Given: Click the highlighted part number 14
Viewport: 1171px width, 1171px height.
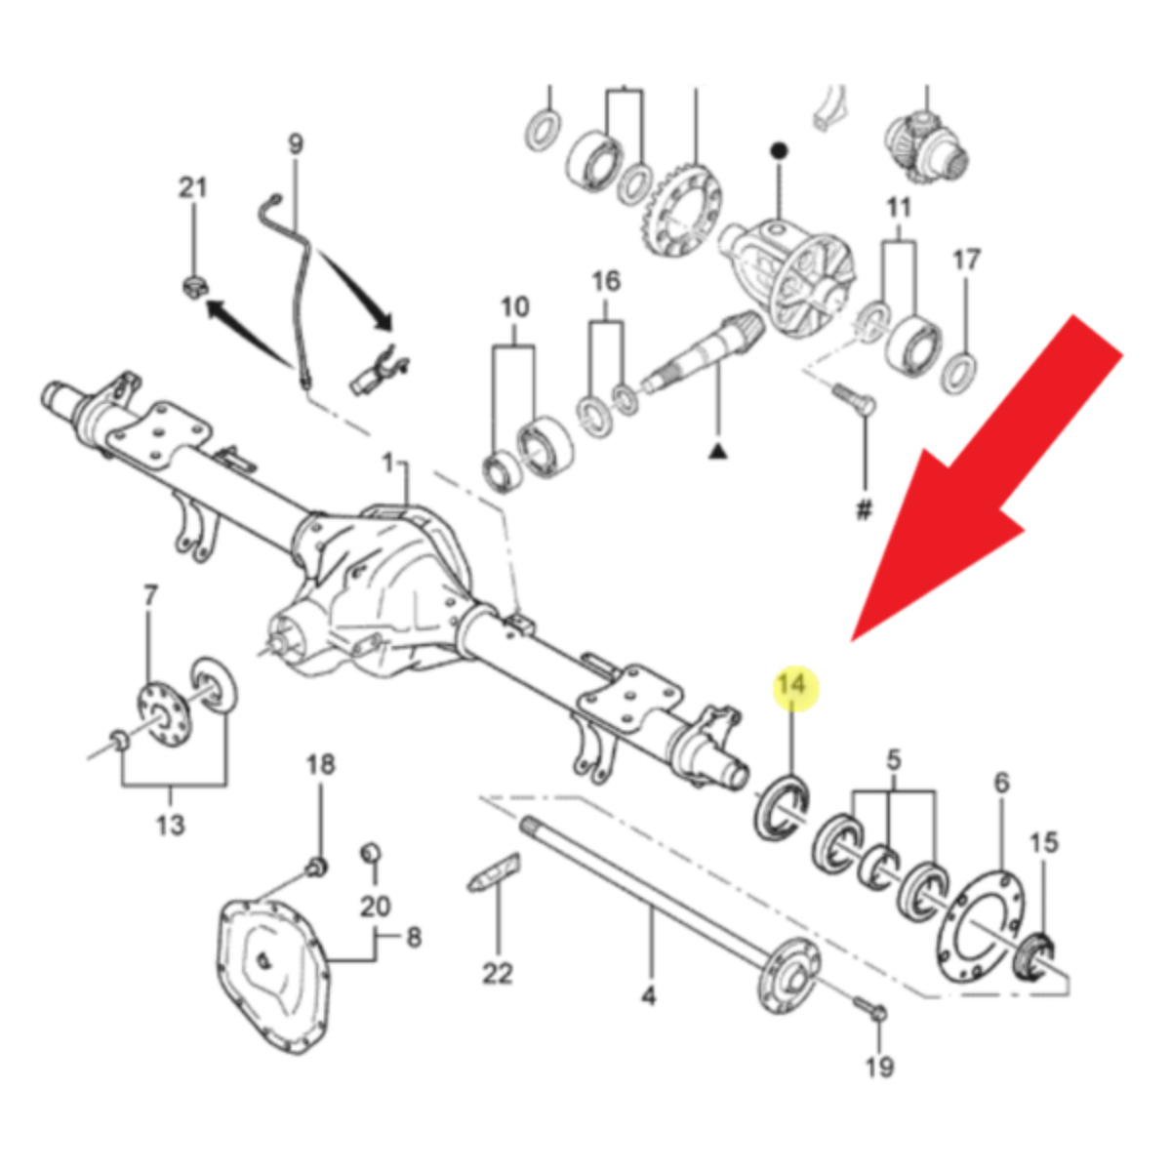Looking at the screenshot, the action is tap(793, 685).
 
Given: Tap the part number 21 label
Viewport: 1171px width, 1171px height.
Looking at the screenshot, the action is tap(192, 187).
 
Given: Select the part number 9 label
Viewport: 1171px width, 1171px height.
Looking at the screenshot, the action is tap(295, 144).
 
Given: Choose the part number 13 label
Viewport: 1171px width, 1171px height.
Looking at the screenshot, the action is tap(170, 825).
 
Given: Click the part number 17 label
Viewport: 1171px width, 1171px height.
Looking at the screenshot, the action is tap(966, 260).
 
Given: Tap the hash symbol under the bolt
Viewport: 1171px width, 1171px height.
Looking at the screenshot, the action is tap(864, 509).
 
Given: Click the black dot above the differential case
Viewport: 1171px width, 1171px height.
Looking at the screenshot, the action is tap(779, 149).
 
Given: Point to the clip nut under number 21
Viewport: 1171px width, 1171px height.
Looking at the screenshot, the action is tap(194, 287).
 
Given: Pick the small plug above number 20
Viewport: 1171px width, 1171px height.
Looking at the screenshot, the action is tap(370, 854).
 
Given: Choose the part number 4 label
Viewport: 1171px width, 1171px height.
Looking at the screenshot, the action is tap(649, 996).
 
